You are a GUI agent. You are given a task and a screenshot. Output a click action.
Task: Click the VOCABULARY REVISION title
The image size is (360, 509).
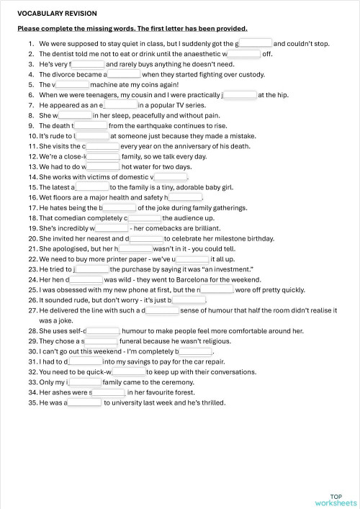pos(57,14)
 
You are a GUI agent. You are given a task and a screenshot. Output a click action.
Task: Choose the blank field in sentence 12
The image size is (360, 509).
pos(102,156)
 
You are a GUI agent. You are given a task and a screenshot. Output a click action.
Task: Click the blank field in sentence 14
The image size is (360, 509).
pos(171,176)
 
